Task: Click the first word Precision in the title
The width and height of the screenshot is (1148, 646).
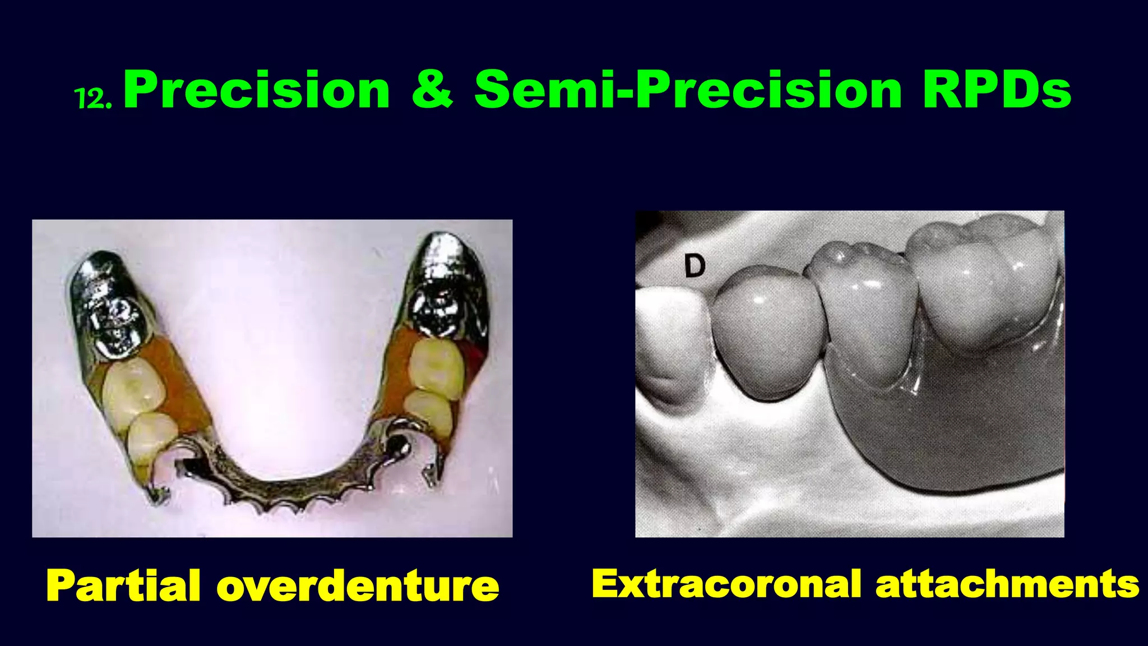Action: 257,90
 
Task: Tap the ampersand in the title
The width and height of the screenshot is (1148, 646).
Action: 432,90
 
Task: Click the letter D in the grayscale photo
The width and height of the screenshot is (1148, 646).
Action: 695,266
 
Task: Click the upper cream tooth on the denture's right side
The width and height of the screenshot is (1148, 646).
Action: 436,364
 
